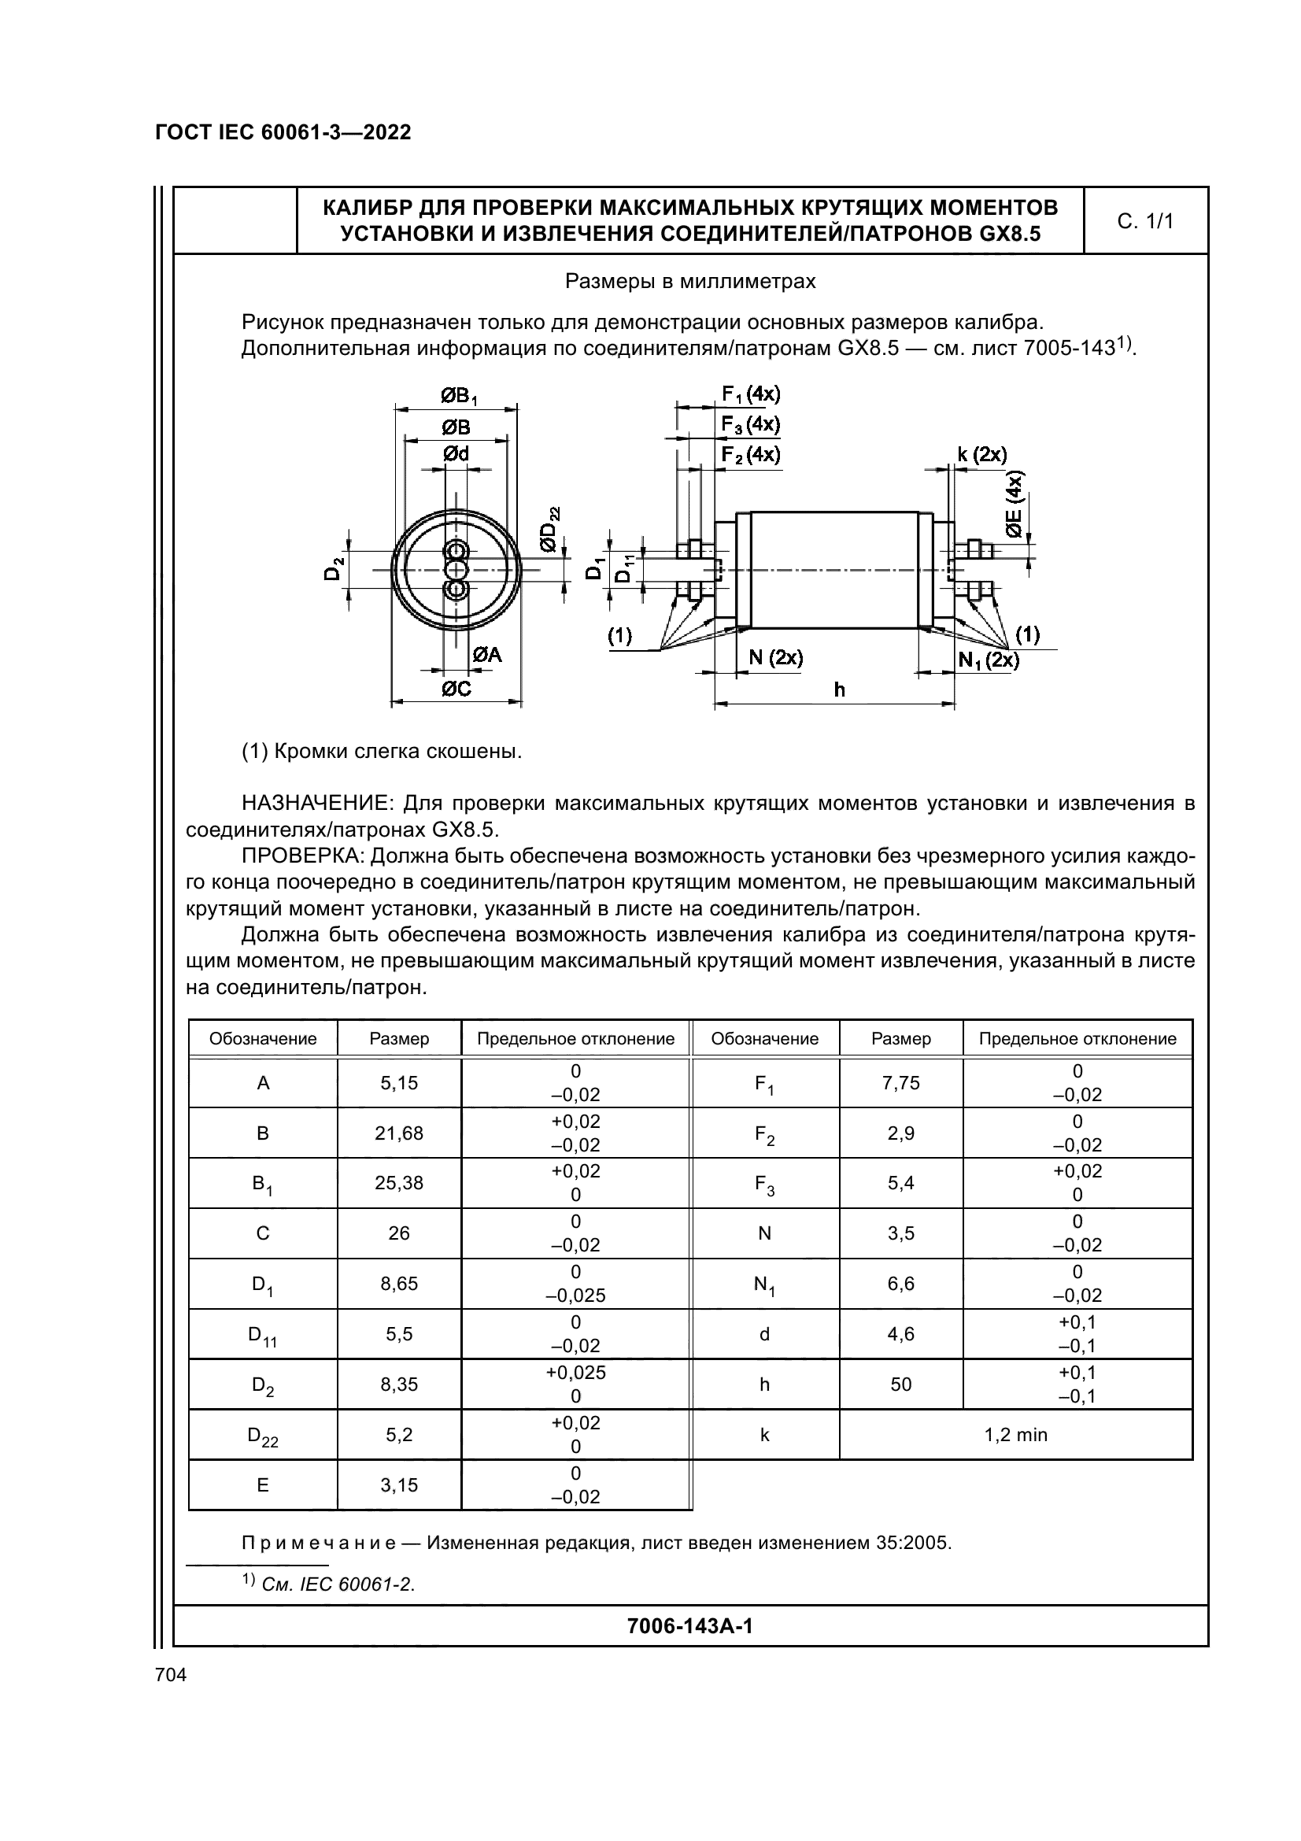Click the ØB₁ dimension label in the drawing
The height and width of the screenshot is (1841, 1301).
point(458,395)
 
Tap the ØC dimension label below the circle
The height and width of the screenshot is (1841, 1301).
point(456,688)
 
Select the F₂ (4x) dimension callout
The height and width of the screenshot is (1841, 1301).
point(750,455)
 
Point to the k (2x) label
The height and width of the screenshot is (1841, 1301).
point(982,455)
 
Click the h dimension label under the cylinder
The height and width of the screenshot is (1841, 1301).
point(839,689)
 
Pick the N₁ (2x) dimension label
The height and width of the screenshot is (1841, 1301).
point(989,660)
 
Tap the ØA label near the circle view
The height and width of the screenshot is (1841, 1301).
point(486,655)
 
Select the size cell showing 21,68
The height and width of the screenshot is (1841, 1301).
point(398,1133)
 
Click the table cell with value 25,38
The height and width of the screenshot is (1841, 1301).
point(398,1183)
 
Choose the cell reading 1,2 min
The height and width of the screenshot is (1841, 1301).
point(1015,1435)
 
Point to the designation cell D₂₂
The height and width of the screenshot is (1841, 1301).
point(262,1436)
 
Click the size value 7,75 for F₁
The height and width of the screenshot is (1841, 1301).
point(900,1083)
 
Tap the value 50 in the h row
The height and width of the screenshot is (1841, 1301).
point(900,1384)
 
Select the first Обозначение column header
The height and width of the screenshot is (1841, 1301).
point(263,1039)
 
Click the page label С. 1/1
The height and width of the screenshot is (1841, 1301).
point(1144,221)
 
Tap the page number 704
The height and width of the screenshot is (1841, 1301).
point(171,1674)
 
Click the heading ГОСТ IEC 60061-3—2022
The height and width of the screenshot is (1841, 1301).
point(283,132)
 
